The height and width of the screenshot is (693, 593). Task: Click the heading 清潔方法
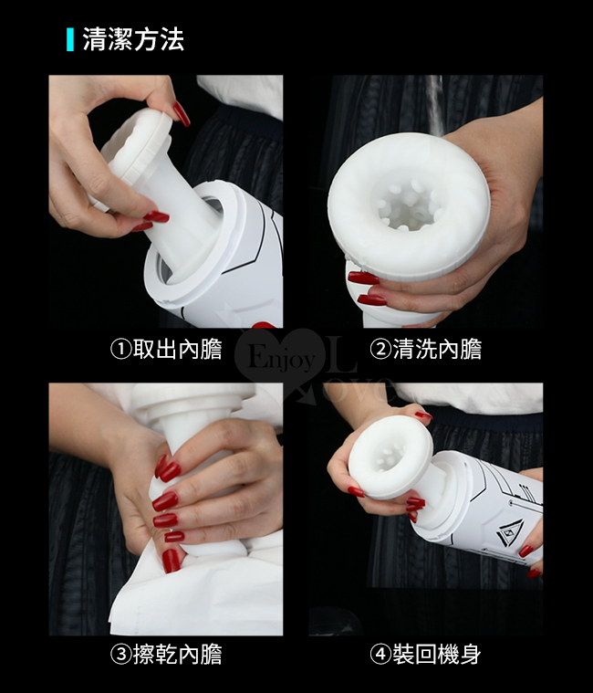pyautogui.click(x=133, y=39)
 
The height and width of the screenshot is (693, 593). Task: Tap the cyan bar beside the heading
pyautogui.click(x=69, y=39)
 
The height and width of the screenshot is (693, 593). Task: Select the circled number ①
pyautogui.click(x=120, y=349)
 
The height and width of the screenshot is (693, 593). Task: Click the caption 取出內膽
pyautogui.click(x=177, y=349)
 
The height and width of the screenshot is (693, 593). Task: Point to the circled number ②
pyautogui.click(x=380, y=349)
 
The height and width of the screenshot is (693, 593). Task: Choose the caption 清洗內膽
pyautogui.click(x=437, y=349)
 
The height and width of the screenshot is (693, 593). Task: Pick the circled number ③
pyautogui.click(x=120, y=655)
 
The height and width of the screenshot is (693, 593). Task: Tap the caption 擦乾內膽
pyautogui.click(x=177, y=655)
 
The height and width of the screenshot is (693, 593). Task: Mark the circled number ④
pyautogui.click(x=380, y=655)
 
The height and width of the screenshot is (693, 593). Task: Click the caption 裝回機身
pyautogui.click(x=437, y=655)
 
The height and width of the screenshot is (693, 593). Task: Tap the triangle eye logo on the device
pyautogui.click(x=510, y=533)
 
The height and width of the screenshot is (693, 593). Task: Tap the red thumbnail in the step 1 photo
pyautogui.click(x=181, y=113)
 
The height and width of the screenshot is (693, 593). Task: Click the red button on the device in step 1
pyautogui.click(x=264, y=325)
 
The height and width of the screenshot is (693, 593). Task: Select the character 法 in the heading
pyautogui.click(x=172, y=39)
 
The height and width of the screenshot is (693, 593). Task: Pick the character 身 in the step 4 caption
pyautogui.click(x=471, y=655)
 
